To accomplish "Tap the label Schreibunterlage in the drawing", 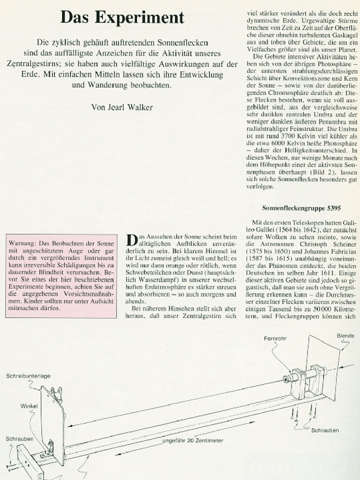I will [28, 375].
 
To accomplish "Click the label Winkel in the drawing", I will [28, 406].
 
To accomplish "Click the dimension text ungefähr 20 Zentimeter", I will [192, 440].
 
